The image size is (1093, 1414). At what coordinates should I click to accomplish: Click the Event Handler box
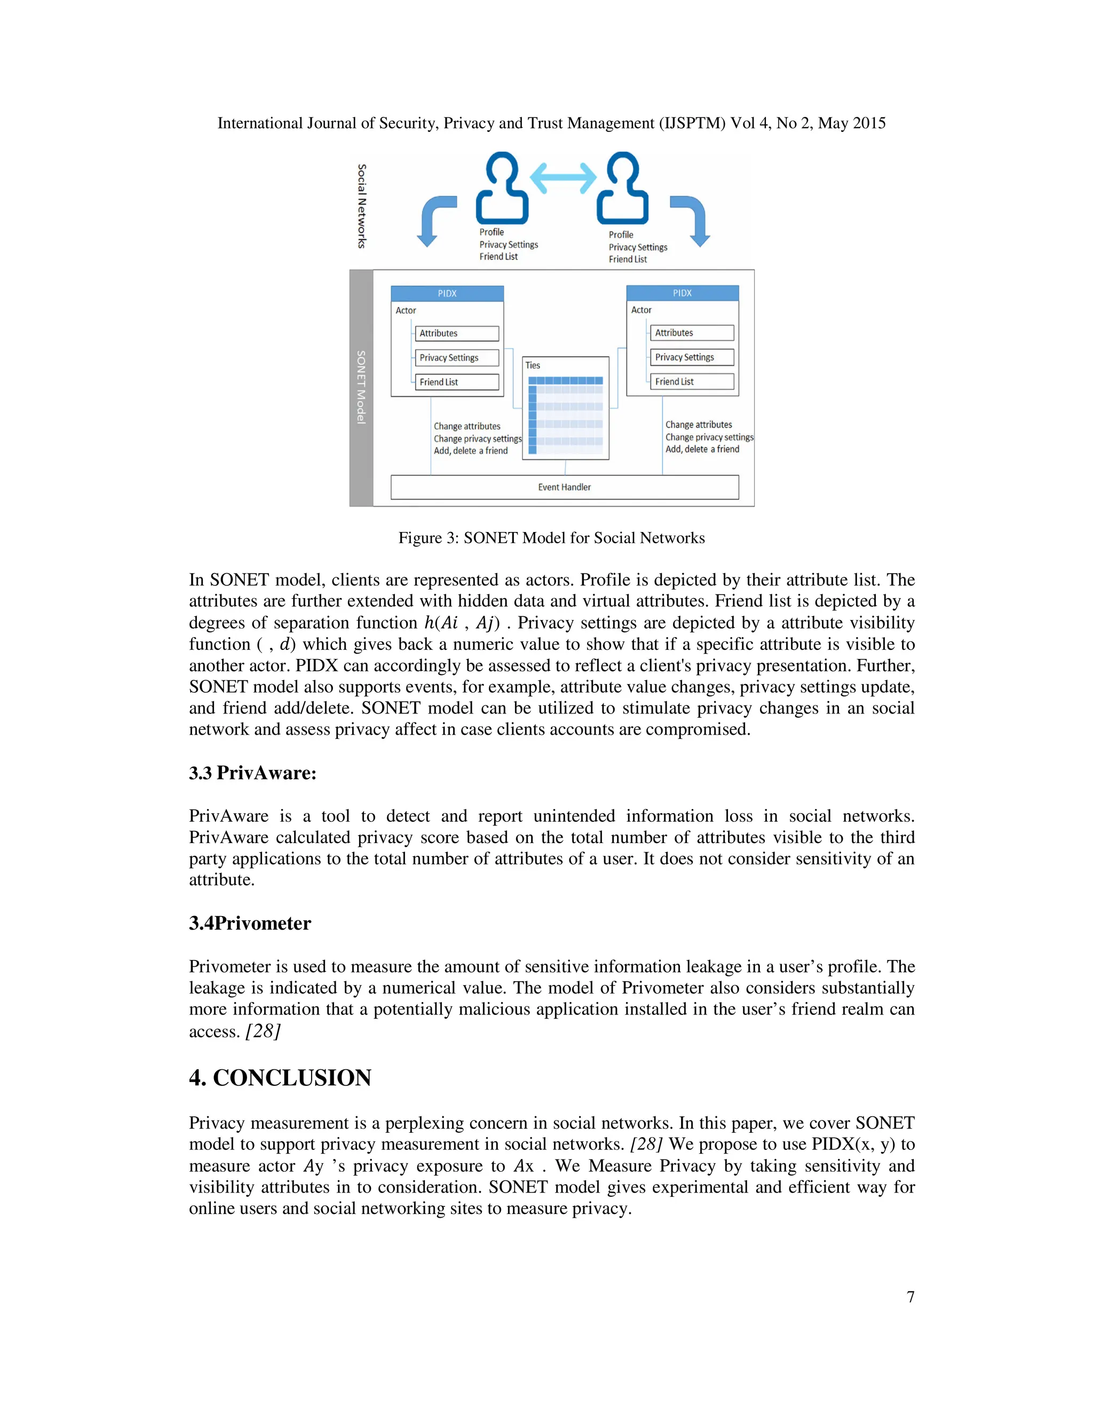(x=565, y=487)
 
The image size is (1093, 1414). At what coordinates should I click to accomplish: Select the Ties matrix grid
(x=566, y=415)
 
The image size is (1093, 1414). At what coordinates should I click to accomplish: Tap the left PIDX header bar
(x=447, y=293)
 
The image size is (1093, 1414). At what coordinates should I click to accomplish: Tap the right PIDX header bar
(x=683, y=292)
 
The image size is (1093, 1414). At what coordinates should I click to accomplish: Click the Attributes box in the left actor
(x=456, y=333)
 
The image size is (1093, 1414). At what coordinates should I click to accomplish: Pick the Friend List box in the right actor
(x=692, y=382)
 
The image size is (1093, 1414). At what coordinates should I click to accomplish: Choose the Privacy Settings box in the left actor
(x=456, y=358)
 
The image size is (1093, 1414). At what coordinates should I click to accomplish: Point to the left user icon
(x=502, y=189)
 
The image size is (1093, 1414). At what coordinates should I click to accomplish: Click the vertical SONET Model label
(x=361, y=387)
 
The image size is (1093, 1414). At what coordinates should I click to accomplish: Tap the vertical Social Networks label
(x=362, y=206)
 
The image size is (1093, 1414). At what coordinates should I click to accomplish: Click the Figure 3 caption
(x=551, y=538)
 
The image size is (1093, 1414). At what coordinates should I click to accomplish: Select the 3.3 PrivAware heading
(x=252, y=773)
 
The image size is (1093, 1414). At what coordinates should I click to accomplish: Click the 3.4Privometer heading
(x=250, y=923)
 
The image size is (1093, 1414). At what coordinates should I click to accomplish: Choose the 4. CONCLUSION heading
(x=280, y=1077)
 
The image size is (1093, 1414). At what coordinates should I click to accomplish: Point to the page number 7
(x=910, y=1297)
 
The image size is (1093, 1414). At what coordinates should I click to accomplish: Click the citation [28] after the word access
(x=263, y=1031)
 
